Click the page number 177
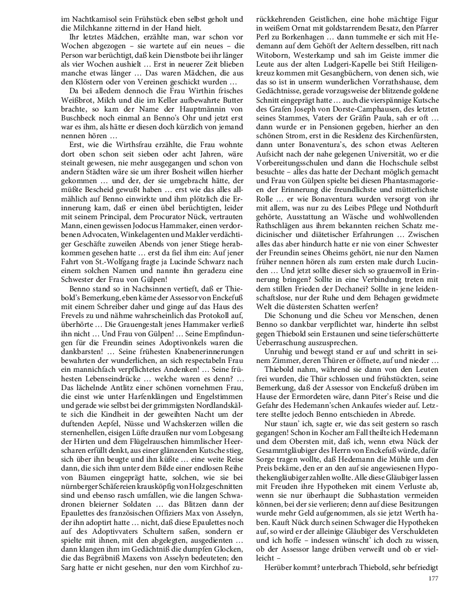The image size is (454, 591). (433, 579)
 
